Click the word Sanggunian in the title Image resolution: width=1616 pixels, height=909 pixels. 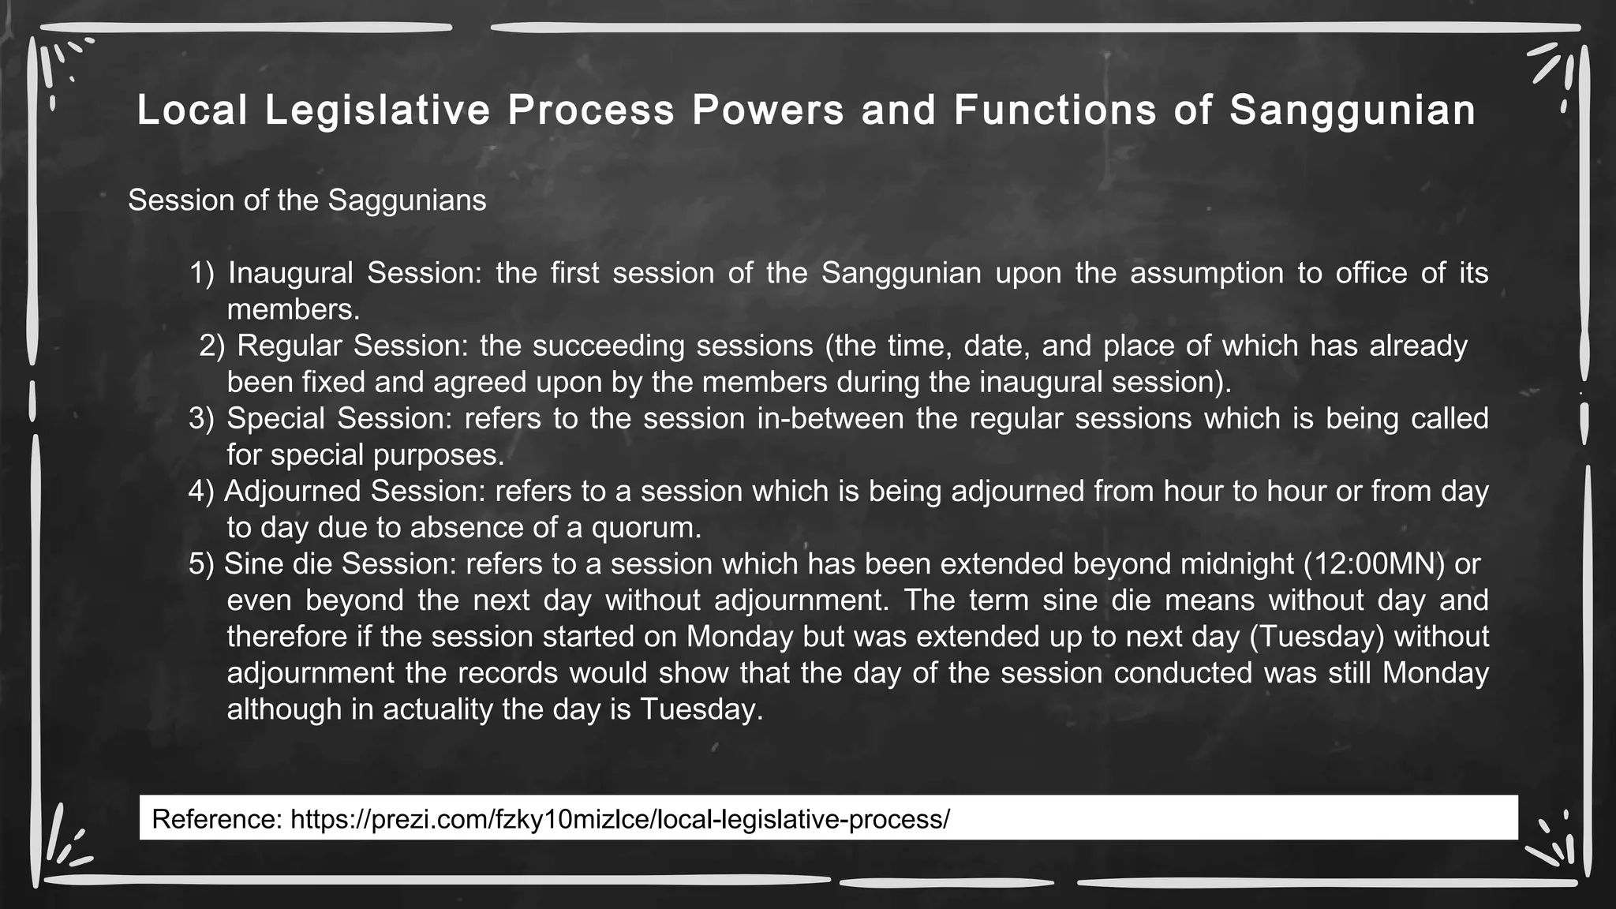point(1352,110)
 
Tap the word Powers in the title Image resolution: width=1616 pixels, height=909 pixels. point(768,110)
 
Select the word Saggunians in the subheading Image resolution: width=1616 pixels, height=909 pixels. point(406,200)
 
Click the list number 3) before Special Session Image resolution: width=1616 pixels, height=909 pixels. point(201,418)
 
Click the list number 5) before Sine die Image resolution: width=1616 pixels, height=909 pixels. point(201,564)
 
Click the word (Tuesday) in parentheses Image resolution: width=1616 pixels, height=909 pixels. point(1316,637)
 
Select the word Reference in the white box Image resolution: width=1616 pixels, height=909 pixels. point(216,819)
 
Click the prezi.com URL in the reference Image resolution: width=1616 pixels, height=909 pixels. point(620,819)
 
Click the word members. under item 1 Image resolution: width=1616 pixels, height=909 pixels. point(293,309)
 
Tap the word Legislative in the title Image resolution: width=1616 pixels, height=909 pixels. point(378,110)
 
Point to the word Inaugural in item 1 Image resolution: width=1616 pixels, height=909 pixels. point(290,273)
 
